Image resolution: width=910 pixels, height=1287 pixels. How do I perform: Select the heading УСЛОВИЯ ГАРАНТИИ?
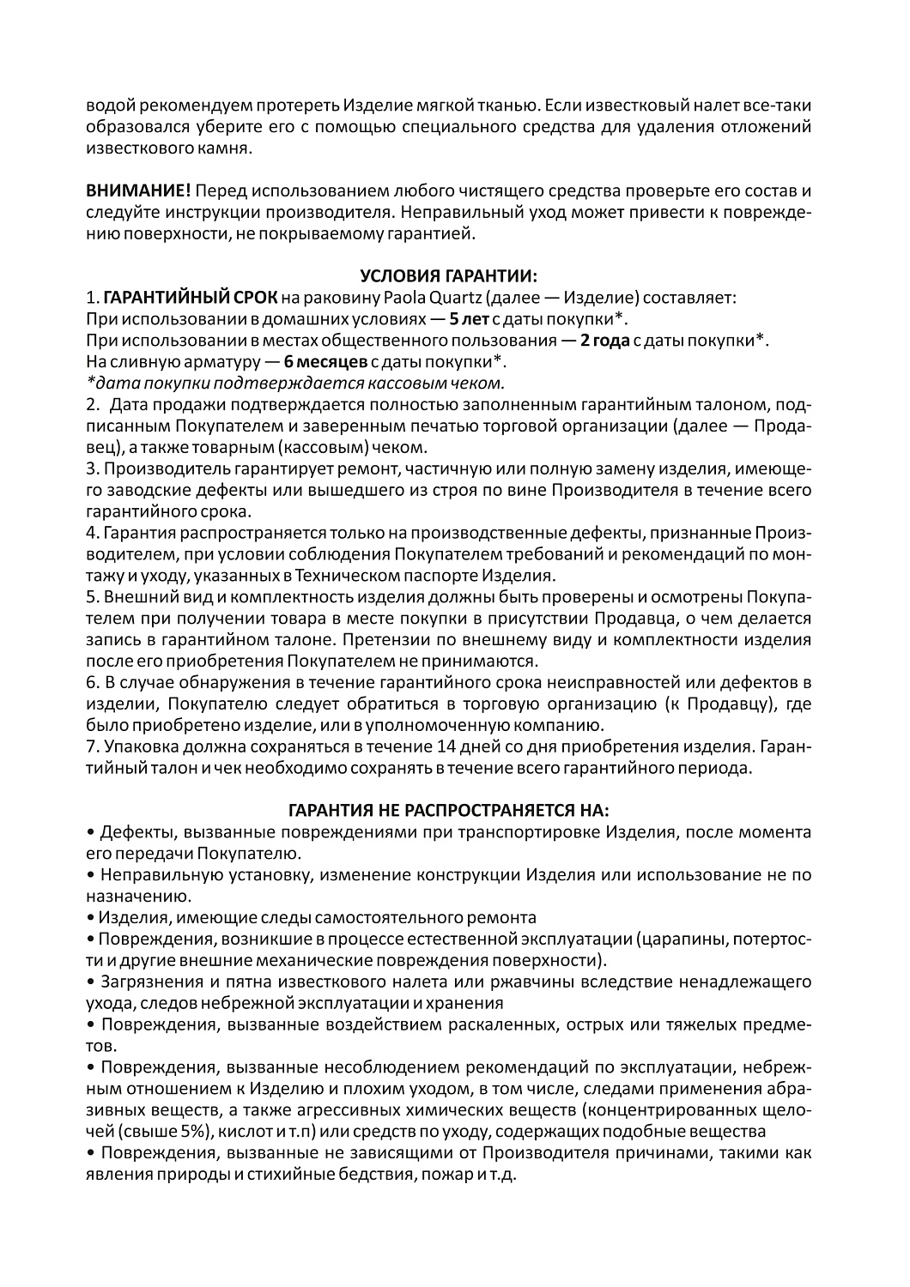(448, 275)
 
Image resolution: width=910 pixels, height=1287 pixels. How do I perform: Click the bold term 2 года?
(604, 340)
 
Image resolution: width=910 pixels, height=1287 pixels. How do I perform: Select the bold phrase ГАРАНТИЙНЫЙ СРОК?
(191, 298)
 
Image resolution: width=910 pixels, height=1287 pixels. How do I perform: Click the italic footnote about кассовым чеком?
(296, 382)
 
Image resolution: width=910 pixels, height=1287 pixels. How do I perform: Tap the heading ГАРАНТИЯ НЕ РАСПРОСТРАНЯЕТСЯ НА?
(448, 810)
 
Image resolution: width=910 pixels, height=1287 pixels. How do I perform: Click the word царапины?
(688, 938)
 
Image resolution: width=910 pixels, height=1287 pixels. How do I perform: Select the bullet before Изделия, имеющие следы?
(90, 917)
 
